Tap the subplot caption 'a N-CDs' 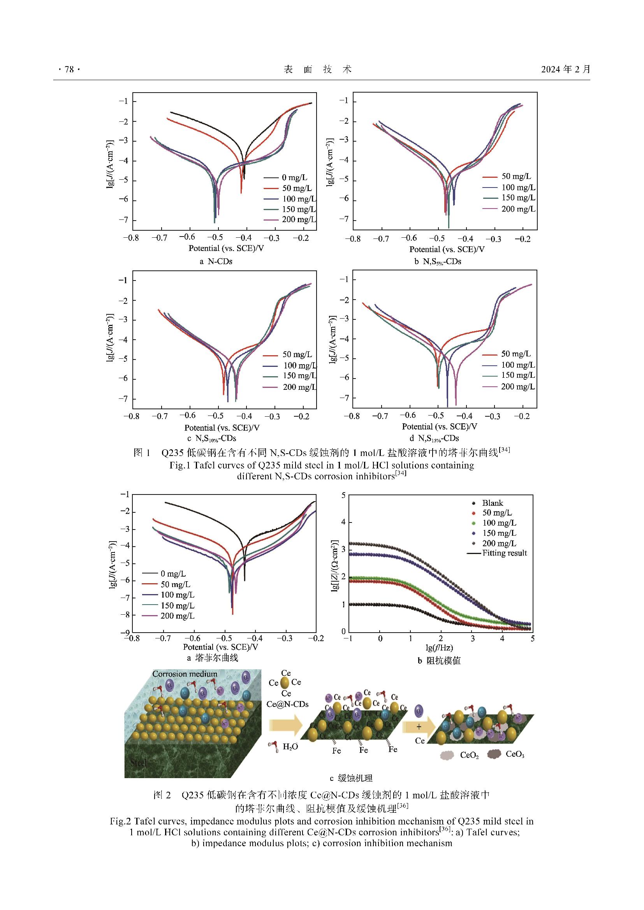click(x=216, y=261)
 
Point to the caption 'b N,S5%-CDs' click(x=438, y=261)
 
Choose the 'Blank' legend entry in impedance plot click(x=492, y=503)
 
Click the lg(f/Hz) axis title click(x=439, y=648)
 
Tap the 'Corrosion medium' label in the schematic click(x=185, y=674)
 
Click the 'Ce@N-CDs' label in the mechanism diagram click(x=287, y=704)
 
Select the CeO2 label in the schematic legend click(x=469, y=756)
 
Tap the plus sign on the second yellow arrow click(x=419, y=727)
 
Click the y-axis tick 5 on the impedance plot click(x=343, y=495)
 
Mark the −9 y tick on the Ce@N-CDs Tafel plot click(x=125, y=632)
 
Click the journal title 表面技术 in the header click(x=318, y=70)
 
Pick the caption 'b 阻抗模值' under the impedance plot click(x=439, y=661)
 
